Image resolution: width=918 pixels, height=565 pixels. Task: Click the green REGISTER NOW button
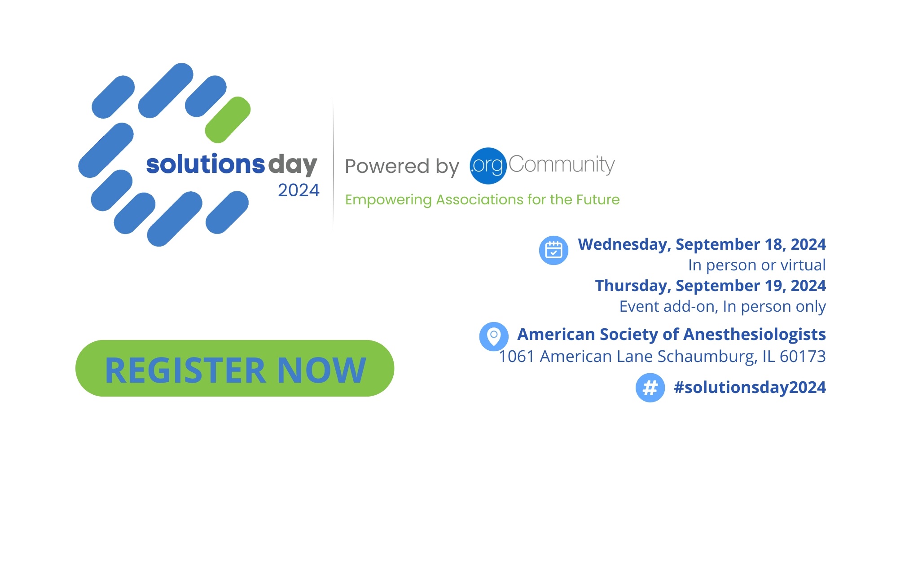[235, 368]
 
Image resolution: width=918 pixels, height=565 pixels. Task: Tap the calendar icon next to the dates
[553, 250]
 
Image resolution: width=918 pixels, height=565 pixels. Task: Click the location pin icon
[494, 336]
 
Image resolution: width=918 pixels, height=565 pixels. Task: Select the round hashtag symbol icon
[650, 388]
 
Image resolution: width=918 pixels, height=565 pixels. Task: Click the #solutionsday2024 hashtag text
[750, 387]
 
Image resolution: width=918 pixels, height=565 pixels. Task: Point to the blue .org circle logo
[488, 166]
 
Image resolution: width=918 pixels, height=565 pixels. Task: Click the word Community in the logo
[562, 165]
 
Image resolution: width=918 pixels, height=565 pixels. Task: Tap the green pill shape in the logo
[228, 119]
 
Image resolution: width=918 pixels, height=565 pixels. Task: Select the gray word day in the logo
[293, 165]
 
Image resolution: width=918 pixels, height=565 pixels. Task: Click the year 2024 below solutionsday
[299, 190]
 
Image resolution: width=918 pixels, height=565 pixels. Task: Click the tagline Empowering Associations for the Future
[482, 199]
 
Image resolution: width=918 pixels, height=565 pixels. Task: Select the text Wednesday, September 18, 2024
[702, 244]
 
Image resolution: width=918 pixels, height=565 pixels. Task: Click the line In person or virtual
[757, 265]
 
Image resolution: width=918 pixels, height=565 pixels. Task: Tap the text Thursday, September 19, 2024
[711, 286]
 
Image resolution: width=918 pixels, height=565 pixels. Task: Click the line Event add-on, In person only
[723, 306]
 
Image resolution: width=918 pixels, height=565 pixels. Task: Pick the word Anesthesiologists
[755, 335]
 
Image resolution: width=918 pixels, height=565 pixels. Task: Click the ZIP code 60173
[803, 356]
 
